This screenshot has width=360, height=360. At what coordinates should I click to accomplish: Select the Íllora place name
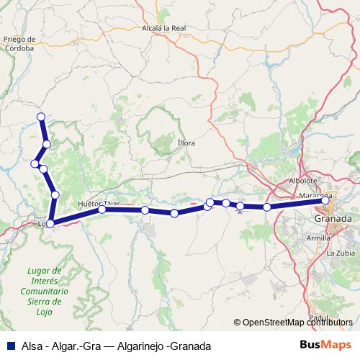click(x=186, y=143)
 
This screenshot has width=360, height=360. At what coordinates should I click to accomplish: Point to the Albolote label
click(x=303, y=181)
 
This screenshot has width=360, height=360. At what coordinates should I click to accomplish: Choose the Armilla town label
click(x=318, y=237)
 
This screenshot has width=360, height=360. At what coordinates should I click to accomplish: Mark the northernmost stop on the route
click(x=41, y=117)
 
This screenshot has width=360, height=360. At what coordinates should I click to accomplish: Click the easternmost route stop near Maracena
click(x=325, y=201)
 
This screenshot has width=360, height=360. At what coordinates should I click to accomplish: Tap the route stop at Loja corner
click(x=50, y=224)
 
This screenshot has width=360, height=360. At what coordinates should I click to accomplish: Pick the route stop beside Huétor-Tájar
click(x=102, y=210)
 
